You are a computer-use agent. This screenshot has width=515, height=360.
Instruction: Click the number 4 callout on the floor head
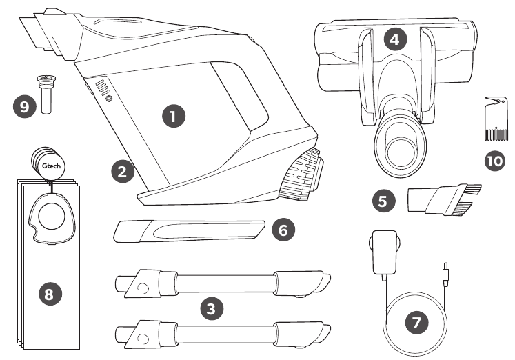point(394,39)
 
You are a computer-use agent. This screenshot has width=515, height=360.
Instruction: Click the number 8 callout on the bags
point(48,294)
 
